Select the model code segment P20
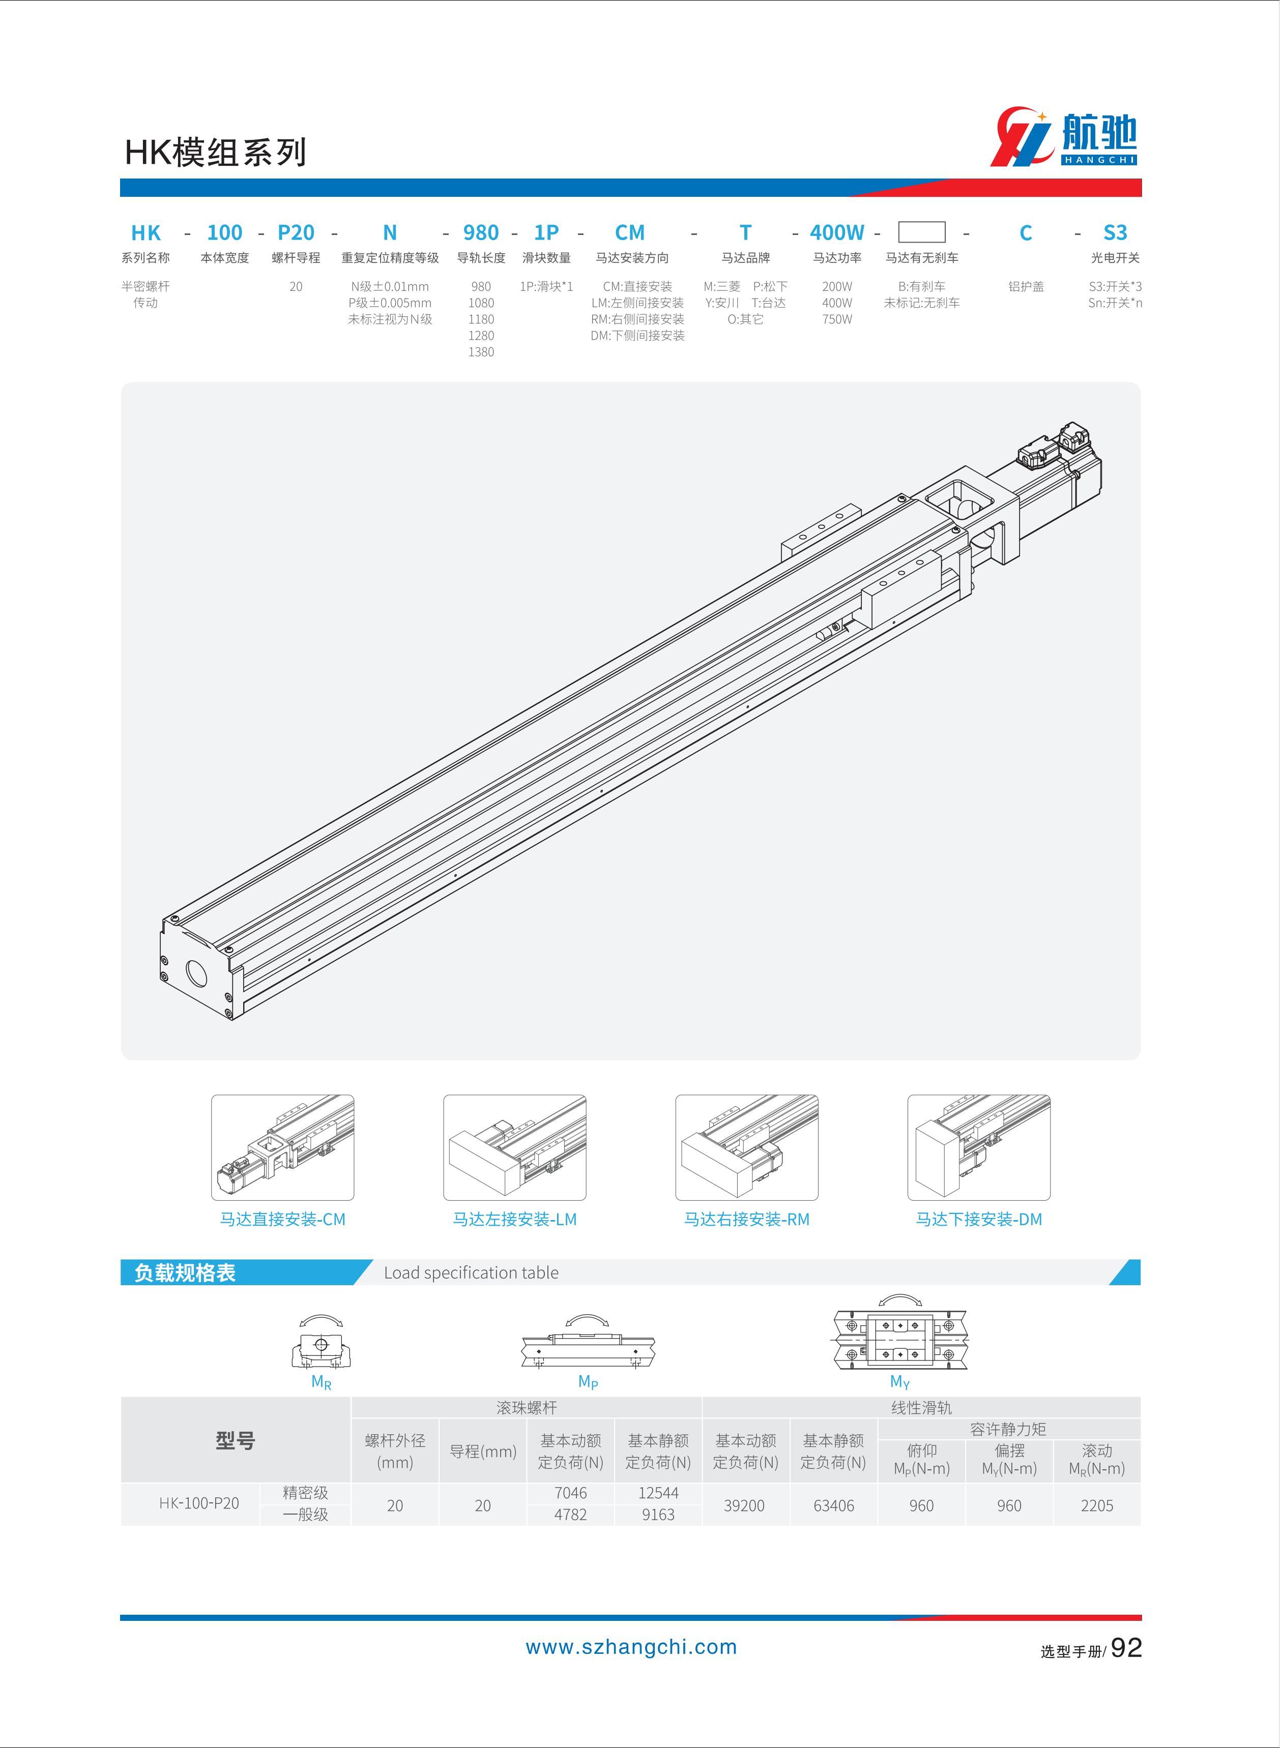pos(296,232)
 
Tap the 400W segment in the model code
pos(837,232)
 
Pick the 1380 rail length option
pos(481,351)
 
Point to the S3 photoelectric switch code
pos(1115,232)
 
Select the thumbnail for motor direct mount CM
pos(283,1147)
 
